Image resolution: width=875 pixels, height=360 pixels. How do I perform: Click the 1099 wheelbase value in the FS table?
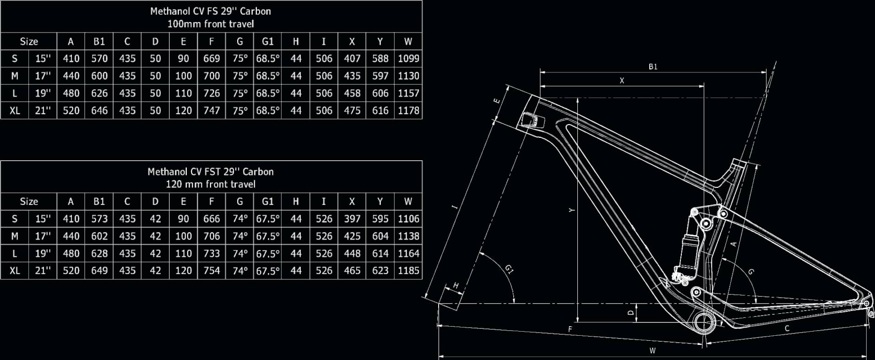click(408, 59)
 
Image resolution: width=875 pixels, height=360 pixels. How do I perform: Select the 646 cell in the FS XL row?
click(99, 110)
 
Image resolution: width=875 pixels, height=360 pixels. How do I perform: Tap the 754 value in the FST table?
click(212, 271)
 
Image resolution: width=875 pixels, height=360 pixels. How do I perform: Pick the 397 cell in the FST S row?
click(352, 219)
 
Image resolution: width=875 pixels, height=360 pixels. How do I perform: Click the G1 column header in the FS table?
click(268, 42)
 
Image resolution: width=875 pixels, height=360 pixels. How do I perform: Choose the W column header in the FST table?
click(408, 202)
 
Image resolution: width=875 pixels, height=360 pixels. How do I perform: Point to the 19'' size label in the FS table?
click(43, 93)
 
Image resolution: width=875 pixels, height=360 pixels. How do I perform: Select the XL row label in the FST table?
click(15, 271)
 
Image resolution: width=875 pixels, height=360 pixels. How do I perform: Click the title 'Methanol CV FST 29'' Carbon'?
click(211, 172)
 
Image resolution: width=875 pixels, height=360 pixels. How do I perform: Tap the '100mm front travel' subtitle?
click(211, 24)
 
